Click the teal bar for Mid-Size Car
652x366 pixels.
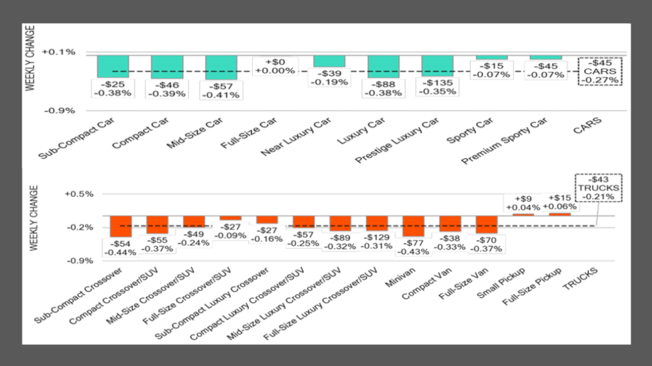coord(221,67)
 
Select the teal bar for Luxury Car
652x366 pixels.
coord(383,66)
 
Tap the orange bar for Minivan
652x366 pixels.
coord(413,226)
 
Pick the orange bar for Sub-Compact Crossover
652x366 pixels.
coord(121,227)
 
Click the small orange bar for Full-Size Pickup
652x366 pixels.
coord(560,214)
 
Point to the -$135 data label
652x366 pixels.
coord(437,87)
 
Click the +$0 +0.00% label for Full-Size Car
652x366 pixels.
coord(275,66)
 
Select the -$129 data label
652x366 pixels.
coord(377,242)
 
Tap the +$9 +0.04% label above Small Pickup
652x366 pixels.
coord(523,203)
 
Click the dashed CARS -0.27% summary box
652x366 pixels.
coord(600,72)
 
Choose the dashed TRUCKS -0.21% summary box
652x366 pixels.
coord(598,188)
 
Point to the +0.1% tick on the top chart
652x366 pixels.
coord(59,52)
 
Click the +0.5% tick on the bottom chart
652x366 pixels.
coord(79,194)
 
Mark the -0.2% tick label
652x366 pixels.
coord(80,227)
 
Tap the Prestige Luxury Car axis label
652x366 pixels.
coord(397,140)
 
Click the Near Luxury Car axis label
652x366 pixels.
coord(296,137)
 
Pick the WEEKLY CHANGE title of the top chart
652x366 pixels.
coord(30,58)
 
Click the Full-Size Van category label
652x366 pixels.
coord(463,284)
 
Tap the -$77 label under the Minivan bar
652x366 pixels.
coord(413,247)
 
